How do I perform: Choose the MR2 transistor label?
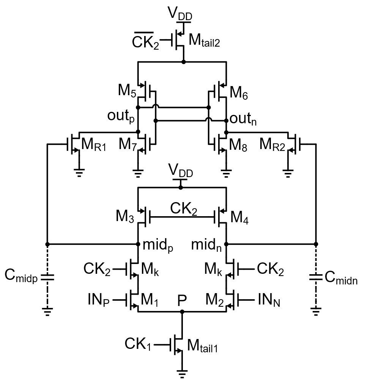[273, 144]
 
